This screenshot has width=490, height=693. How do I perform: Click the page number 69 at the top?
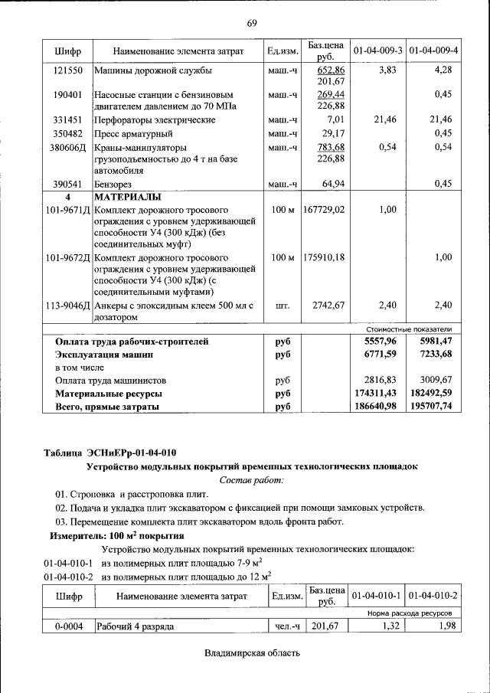click(x=251, y=23)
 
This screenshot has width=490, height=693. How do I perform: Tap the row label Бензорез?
click(x=114, y=184)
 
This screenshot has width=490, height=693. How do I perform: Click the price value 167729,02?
click(x=324, y=209)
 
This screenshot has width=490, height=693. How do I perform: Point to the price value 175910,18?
click(x=324, y=257)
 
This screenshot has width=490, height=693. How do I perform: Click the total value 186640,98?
click(x=376, y=407)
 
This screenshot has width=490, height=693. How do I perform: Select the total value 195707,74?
click(x=432, y=407)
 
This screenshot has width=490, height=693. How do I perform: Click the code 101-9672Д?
click(x=68, y=257)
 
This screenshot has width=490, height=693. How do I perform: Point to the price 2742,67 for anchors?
click(x=328, y=306)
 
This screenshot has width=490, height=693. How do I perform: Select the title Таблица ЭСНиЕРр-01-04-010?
click(x=110, y=451)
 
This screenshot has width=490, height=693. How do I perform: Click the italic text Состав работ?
click(x=251, y=479)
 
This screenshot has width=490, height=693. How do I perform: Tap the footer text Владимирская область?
click(x=251, y=653)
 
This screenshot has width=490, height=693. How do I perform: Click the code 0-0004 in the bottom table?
click(x=68, y=626)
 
